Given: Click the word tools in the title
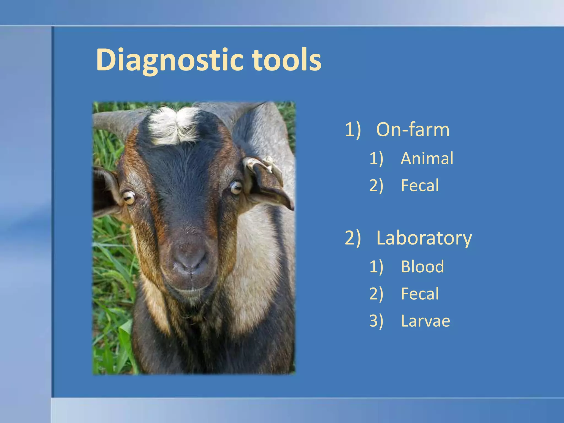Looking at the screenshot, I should [286, 60].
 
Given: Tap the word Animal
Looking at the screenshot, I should [427, 158].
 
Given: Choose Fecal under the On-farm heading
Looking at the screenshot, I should [420, 185].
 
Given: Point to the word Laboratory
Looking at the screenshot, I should [424, 238].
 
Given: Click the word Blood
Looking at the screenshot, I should [422, 267].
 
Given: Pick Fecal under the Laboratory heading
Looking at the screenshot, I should [420, 294].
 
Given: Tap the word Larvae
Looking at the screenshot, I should [425, 321].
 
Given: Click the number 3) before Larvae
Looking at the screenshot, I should [376, 321].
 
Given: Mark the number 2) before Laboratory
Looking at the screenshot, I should [353, 238].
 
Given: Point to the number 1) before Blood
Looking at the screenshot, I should [376, 267].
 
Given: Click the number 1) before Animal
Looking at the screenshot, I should [376, 158].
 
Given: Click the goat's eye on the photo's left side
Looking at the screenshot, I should [129, 197].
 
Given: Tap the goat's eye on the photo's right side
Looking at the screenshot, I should [236, 188].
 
